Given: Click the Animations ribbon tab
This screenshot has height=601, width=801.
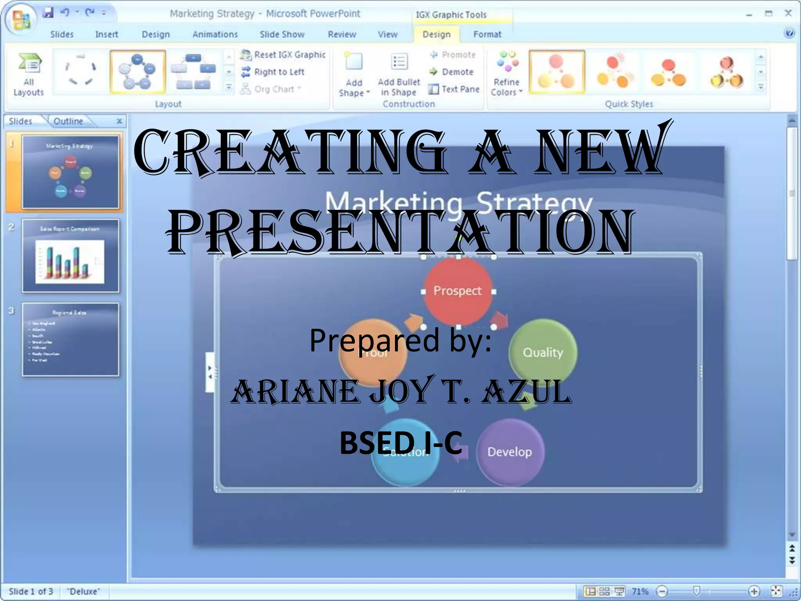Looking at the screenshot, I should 215,34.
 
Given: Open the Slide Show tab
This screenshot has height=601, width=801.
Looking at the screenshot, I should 282,34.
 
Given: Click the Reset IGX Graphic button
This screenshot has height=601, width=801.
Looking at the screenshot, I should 283,55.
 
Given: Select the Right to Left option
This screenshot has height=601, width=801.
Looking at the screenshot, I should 273,72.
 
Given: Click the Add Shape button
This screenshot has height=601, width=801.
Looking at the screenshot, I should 354,74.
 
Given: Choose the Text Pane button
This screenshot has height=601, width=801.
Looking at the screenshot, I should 454,89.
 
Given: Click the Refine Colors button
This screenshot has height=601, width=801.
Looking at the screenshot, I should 506,74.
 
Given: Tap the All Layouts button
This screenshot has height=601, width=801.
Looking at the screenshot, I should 29,74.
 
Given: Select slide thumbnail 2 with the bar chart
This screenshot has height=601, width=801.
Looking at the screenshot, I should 70,256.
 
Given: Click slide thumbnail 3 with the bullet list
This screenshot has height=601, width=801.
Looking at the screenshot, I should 70,340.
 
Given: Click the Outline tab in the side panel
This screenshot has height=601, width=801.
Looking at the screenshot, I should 68,121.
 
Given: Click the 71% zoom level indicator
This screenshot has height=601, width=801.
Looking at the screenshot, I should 640,591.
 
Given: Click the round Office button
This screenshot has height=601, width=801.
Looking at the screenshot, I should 21,20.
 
